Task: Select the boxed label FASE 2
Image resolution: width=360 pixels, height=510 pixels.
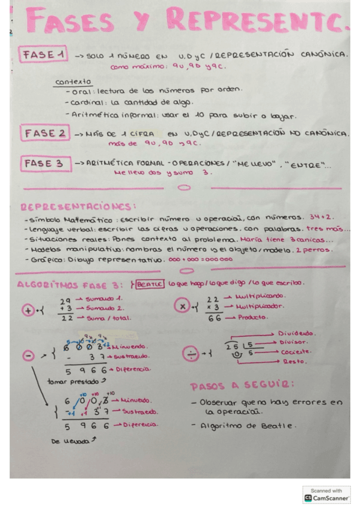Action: coord(44,133)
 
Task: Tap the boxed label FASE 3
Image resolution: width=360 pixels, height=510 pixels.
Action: coord(44,164)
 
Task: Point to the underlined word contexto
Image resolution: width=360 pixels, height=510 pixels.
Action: coord(73,81)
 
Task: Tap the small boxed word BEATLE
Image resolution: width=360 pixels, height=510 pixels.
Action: coord(150,283)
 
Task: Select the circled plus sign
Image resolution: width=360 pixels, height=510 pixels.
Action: coord(27,310)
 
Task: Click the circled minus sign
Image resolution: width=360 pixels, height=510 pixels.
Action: coord(28,356)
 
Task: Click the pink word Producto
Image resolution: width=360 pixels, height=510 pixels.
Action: coord(253,317)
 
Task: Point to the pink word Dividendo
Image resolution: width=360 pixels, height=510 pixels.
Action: coord(298,333)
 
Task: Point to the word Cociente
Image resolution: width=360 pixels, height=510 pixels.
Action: coord(297,352)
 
